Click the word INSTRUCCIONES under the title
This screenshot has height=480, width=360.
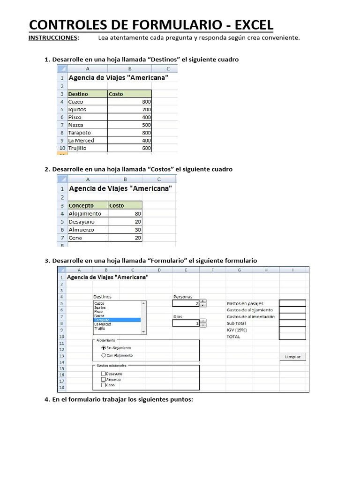click(x=53, y=37)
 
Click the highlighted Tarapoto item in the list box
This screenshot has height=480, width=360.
click(x=117, y=320)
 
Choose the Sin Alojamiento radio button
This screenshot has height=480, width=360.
click(x=104, y=348)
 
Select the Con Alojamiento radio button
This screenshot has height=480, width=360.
click(x=104, y=355)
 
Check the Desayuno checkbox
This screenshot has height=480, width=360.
click(x=104, y=374)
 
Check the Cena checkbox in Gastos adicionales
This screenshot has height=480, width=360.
click(x=104, y=385)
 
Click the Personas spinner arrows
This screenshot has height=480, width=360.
click(x=203, y=303)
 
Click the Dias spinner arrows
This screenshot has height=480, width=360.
click(x=203, y=323)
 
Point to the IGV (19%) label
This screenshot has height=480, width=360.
click(x=237, y=330)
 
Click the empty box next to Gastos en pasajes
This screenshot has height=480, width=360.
click(x=292, y=303)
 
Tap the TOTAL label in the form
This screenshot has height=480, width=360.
click(x=233, y=337)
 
